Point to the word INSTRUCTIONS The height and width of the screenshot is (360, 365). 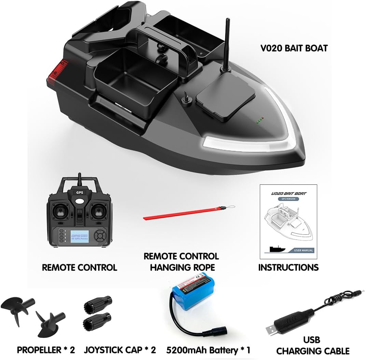tap(288, 267)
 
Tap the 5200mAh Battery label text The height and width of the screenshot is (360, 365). tap(208, 350)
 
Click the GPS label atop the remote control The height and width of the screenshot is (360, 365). tap(80, 192)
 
